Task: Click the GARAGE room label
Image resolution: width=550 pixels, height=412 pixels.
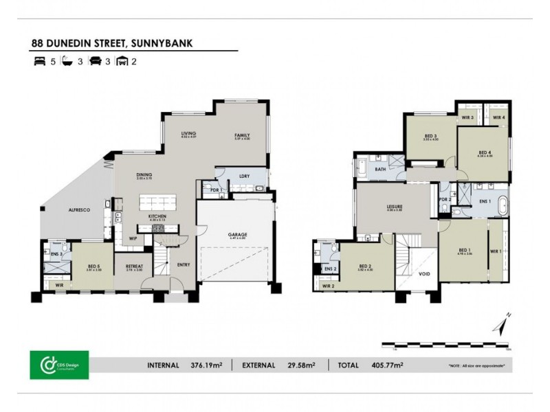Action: tap(238, 234)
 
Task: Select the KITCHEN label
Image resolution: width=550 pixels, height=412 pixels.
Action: tap(157, 216)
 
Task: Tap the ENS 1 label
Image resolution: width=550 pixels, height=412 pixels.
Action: tap(485, 201)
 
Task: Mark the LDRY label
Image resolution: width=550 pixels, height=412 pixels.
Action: tap(244, 175)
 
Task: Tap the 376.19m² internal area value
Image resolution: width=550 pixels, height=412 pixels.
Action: tap(206, 365)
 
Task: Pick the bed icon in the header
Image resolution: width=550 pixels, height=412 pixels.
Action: tap(38, 61)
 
